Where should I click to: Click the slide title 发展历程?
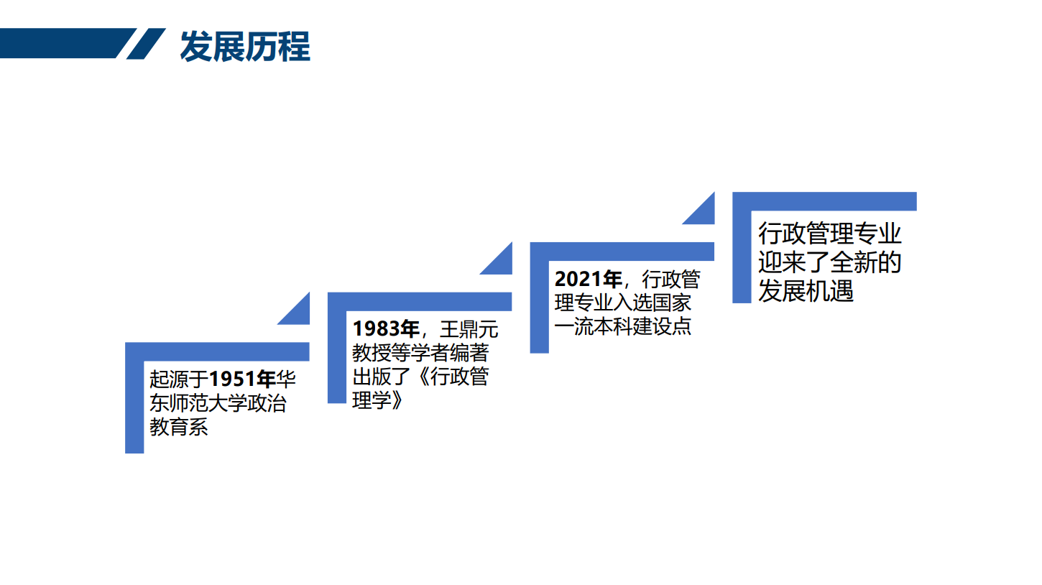tap(244, 47)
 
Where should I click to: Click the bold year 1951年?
tap(242, 379)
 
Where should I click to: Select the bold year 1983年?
tap(386, 328)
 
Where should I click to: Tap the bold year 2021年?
tap(588, 279)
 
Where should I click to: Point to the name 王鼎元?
tap(469, 329)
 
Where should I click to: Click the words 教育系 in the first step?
tap(179, 427)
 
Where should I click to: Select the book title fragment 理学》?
tap(377, 400)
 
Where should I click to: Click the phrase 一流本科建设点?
tap(623, 326)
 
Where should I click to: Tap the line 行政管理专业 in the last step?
tap(830, 233)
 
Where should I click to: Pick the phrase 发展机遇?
tap(806, 291)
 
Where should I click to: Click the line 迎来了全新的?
tap(830, 262)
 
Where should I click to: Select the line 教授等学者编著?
tap(420, 353)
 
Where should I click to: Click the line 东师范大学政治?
tap(218, 403)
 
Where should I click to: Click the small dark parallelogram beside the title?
tap(146, 44)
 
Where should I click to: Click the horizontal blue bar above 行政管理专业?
tap(824, 201)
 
